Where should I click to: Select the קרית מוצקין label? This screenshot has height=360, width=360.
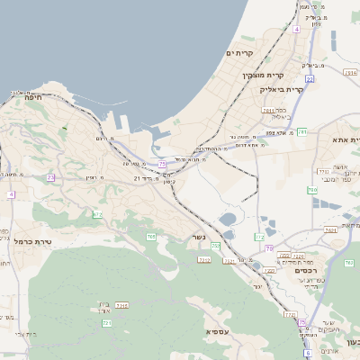click(263, 75)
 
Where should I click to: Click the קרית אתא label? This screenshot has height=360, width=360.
click(345, 139)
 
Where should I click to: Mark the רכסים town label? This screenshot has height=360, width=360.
click(309, 270)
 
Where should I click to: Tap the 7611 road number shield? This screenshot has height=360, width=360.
click(268, 110)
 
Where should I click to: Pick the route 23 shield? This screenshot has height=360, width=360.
click(51, 177)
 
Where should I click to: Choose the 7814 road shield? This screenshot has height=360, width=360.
click(122, 305)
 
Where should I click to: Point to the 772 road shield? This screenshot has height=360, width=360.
click(260, 237)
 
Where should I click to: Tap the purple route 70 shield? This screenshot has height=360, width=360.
click(268, 247)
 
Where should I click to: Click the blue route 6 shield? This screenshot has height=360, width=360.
click(307, 353)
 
